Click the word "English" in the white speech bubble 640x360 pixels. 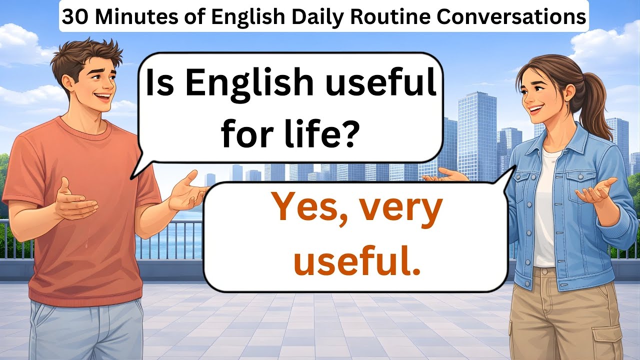250,83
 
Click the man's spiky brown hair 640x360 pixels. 87,55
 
